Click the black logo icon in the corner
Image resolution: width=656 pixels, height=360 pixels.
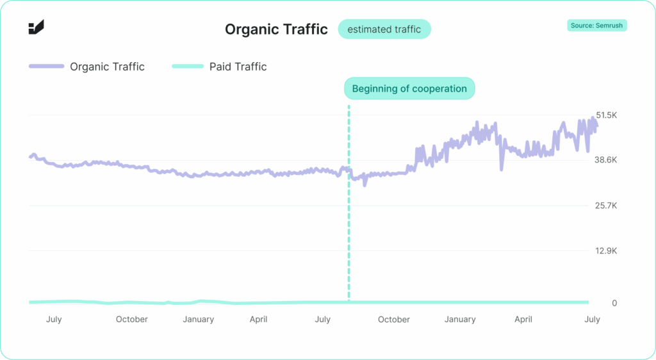(36, 27)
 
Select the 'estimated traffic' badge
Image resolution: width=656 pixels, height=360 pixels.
(384, 29)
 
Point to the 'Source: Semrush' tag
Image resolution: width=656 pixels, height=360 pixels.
(597, 26)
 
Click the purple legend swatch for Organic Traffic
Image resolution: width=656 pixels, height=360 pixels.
(46, 67)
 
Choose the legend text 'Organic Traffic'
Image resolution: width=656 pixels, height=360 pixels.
(107, 67)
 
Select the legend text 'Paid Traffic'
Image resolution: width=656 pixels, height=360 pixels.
(238, 67)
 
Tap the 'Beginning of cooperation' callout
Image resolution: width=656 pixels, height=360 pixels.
(409, 88)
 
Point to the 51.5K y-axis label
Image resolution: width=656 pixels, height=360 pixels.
(605, 115)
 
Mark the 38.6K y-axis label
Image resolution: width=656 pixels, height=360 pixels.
(605, 160)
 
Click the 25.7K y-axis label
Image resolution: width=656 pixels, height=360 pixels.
(605, 206)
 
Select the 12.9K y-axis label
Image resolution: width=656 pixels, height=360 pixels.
(605, 250)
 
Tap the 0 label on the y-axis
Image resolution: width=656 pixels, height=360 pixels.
(614, 302)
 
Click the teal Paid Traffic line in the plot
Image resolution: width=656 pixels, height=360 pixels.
(448, 302)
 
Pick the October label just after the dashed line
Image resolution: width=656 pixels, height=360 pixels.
(394, 320)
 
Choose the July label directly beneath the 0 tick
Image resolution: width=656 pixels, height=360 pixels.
(592, 320)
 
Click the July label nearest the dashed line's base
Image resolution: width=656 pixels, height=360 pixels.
(322, 320)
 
